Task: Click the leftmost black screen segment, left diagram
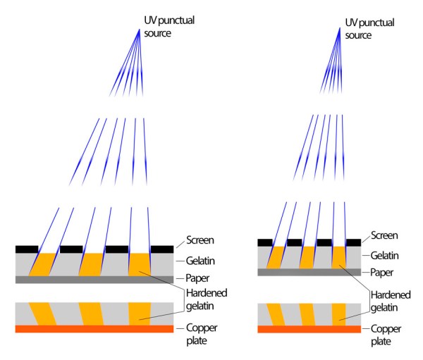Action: tap(27, 249)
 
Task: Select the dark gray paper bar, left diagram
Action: tap(94, 280)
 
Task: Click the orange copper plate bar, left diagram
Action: tap(94, 328)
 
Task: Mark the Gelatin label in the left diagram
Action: tap(200, 261)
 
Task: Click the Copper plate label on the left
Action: tap(200, 335)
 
